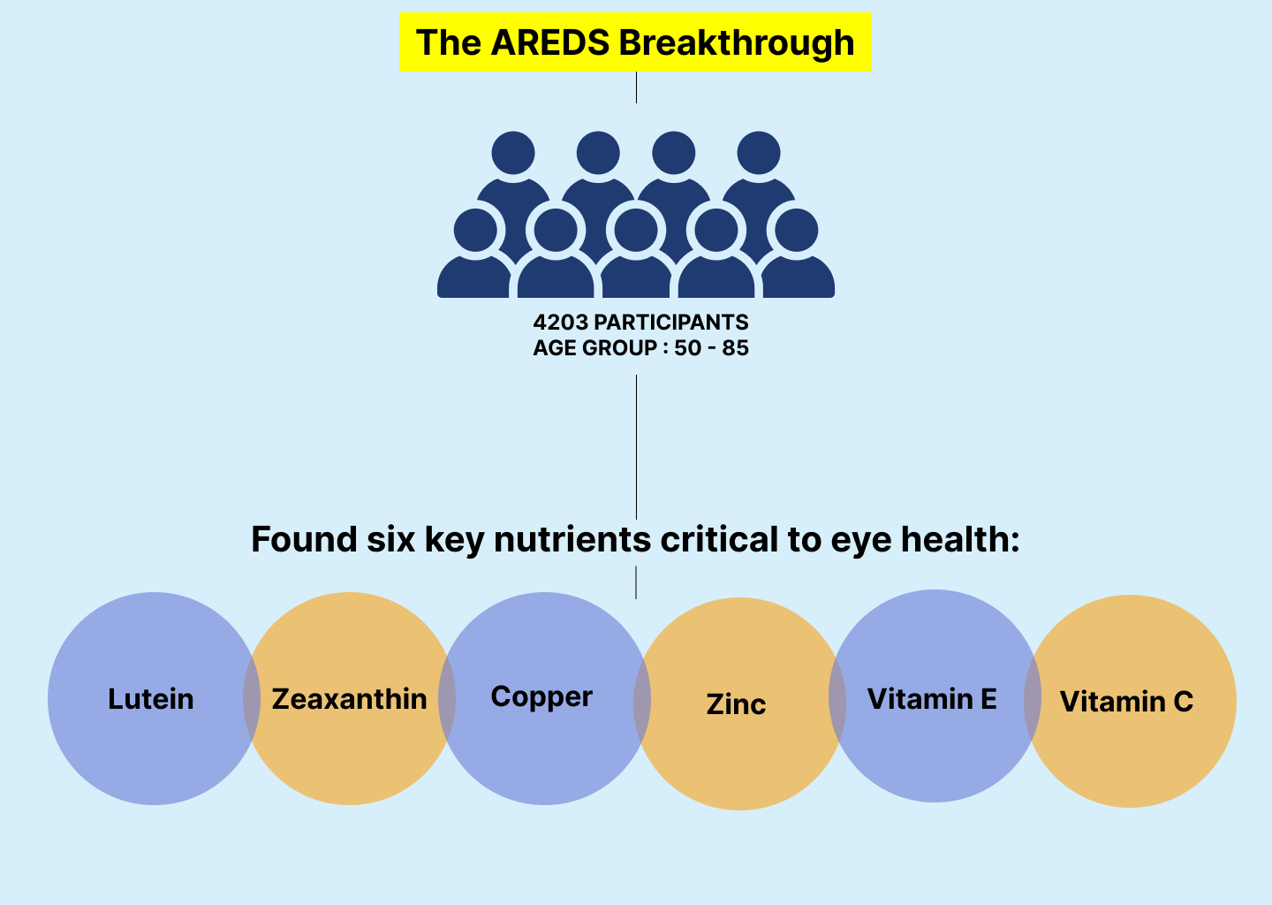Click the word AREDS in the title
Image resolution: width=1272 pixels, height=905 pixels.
(549, 42)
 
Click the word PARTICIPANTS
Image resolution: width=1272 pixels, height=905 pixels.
(671, 322)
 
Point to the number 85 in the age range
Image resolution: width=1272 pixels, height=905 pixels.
(735, 347)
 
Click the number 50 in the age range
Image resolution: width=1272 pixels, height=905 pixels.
(687, 347)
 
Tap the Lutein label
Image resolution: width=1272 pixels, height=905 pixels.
(151, 698)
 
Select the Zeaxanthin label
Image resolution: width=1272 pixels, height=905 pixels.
(349, 698)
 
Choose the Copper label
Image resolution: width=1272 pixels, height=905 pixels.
(541, 697)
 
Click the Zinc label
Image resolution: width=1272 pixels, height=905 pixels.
(736, 703)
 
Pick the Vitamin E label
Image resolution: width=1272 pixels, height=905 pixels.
(932, 698)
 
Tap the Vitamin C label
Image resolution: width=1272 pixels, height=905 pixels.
(1126, 701)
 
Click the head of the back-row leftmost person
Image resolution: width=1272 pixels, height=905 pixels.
(513, 153)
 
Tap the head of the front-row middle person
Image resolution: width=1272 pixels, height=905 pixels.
(636, 230)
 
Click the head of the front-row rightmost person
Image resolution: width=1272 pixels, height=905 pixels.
(797, 230)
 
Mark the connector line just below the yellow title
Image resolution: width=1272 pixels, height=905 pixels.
(636, 87)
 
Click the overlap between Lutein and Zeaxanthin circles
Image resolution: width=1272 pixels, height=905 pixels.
(252, 698)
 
